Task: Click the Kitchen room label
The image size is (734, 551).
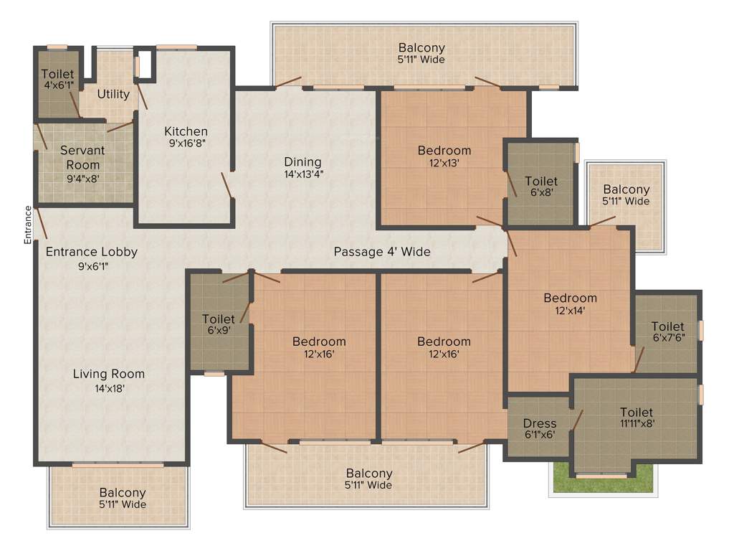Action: (186, 137)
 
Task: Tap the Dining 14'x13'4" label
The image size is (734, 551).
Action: (302, 167)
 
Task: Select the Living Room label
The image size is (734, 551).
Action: (109, 380)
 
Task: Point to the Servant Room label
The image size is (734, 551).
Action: (82, 164)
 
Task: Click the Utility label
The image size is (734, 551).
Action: (113, 94)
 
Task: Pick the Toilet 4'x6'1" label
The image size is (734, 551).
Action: (57, 80)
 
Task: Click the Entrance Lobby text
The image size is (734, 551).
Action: (92, 258)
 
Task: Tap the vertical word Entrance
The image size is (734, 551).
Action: (28, 225)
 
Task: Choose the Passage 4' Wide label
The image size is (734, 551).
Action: (382, 252)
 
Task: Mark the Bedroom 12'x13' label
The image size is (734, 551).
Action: (444, 156)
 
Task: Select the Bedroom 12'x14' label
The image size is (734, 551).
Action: (570, 304)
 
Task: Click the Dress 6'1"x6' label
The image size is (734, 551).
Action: (539, 429)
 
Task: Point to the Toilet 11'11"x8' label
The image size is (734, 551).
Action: (637, 418)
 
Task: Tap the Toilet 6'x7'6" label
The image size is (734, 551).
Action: (667, 332)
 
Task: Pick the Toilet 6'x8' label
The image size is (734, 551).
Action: (541, 187)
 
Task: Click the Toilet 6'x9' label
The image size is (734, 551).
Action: (219, 324)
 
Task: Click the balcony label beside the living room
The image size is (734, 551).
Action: (123, 499)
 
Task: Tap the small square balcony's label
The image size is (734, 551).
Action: (626, 195)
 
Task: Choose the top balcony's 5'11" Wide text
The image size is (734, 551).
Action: (422, 60)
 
